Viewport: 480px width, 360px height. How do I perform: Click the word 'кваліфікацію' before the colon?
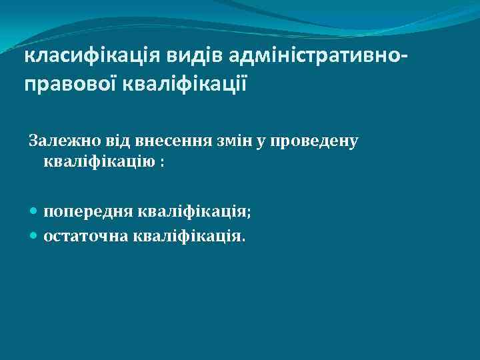point(99,161)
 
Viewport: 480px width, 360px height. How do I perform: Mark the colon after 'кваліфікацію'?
point(161,163)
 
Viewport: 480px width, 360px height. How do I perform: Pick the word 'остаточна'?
point(85,235)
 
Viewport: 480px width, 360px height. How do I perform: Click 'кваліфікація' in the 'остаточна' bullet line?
point(187,235)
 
